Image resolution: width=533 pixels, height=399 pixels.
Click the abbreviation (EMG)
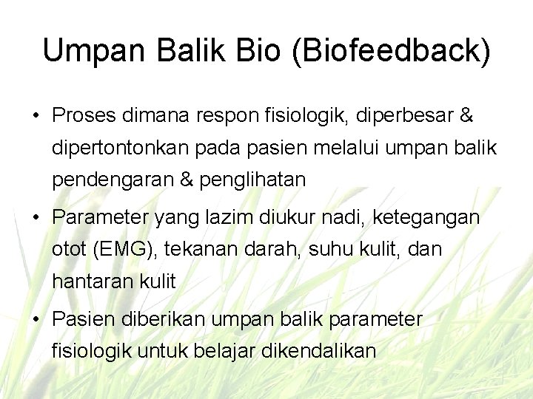pos(122,250)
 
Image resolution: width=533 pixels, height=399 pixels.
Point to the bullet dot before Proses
pos(35,117)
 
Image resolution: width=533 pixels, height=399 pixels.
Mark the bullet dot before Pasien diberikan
pos(35,320)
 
